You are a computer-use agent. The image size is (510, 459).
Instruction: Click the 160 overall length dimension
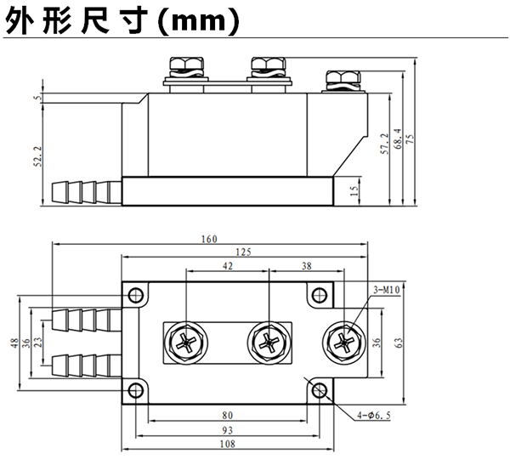tap(209, 239)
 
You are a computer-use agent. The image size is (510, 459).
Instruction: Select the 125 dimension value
tap(243, 252)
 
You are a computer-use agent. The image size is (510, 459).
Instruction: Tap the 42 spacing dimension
tap(228, 266)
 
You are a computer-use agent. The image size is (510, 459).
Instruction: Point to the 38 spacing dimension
tap(307, 266)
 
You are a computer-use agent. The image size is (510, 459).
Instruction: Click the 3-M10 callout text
tap(386, 290)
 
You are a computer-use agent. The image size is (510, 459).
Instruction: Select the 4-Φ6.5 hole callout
tap(374, 416)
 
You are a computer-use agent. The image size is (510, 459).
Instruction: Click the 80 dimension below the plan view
tap(228, 416)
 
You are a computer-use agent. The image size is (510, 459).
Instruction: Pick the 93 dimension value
tap(228, 430)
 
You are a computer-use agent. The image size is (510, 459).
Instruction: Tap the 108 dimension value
tap(228, 444)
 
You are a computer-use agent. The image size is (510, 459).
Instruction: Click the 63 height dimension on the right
tap(399, 343)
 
